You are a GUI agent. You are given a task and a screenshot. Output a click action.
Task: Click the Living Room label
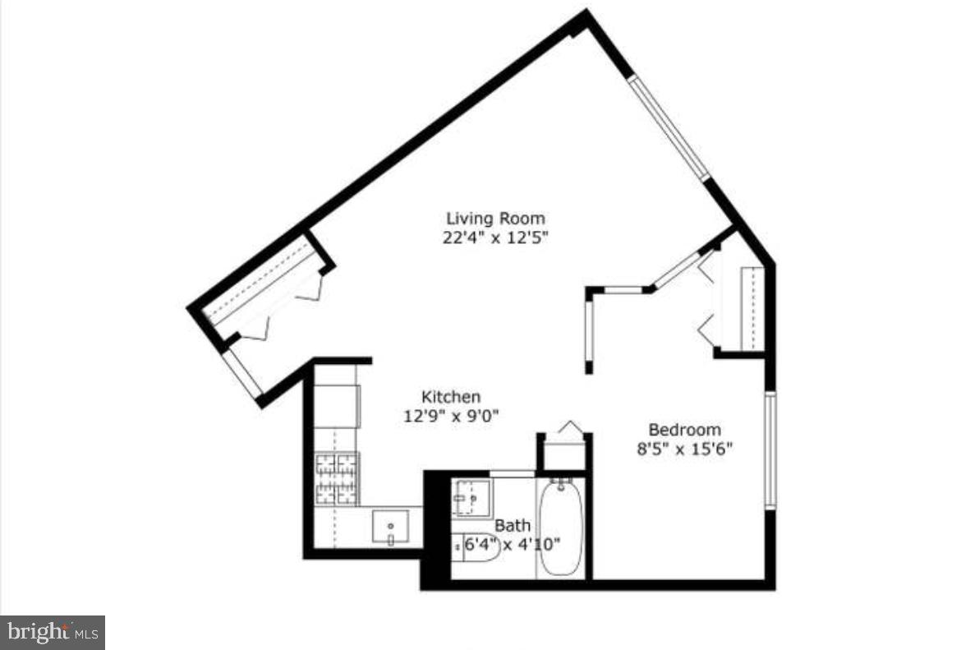point(495,219)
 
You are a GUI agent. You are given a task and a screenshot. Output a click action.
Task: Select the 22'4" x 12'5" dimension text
point(495,238)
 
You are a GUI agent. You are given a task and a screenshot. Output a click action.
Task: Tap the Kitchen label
point(451,396)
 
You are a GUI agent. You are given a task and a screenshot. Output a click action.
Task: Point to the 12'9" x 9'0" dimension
point(451,416)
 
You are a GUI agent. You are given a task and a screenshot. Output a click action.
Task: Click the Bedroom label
point(684,429)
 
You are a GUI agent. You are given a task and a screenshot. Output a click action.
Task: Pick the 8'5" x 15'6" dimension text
point(684,449)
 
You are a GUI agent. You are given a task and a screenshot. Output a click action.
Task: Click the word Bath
point(512,525)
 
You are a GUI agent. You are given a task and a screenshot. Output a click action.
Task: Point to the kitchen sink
point(390,526)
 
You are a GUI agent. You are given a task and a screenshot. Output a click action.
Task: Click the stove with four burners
point(338,478)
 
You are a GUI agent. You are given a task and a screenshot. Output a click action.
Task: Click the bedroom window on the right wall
point(770,449)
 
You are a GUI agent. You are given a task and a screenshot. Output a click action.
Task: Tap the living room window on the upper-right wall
point(669,128)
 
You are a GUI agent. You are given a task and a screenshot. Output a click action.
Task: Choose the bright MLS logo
point(52,633)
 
